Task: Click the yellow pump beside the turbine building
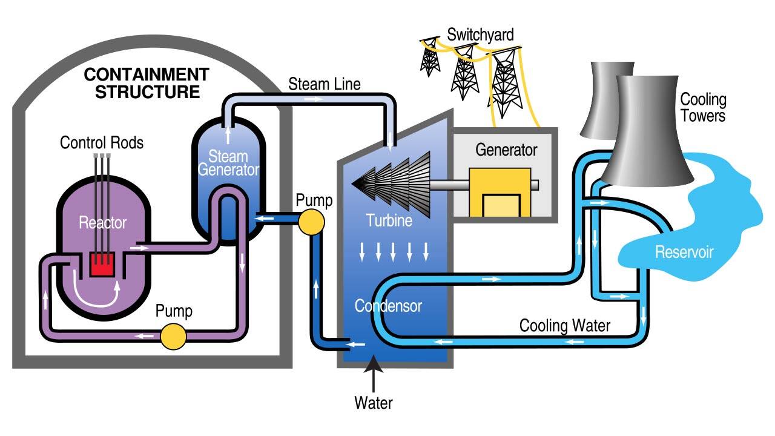(x=311, y=222)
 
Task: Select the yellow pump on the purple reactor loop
(x=173, y=336)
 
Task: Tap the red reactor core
(x=102, y=264)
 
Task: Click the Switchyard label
(x=480, y=35)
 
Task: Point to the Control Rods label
(x=102, y=142)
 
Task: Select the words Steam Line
(x=325, y=84)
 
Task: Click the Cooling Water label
(x=565, y=326)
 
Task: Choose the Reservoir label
(x=684, y=252)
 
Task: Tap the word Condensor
(x=388, y=306)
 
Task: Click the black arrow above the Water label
(x=374, y=374)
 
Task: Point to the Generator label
(x=506, y=150)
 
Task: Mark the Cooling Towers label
(x=703, y=107)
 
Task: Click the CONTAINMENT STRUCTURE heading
(x=147, y=83)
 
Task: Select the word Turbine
(x=389, y=220)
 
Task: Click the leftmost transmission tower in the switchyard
(x=430, y=57)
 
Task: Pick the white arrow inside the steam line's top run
(x=314, y=99)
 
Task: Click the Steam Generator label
(x=228, y=163)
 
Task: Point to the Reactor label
(x=102, y=222)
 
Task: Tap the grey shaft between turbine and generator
(x=484, y=185)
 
